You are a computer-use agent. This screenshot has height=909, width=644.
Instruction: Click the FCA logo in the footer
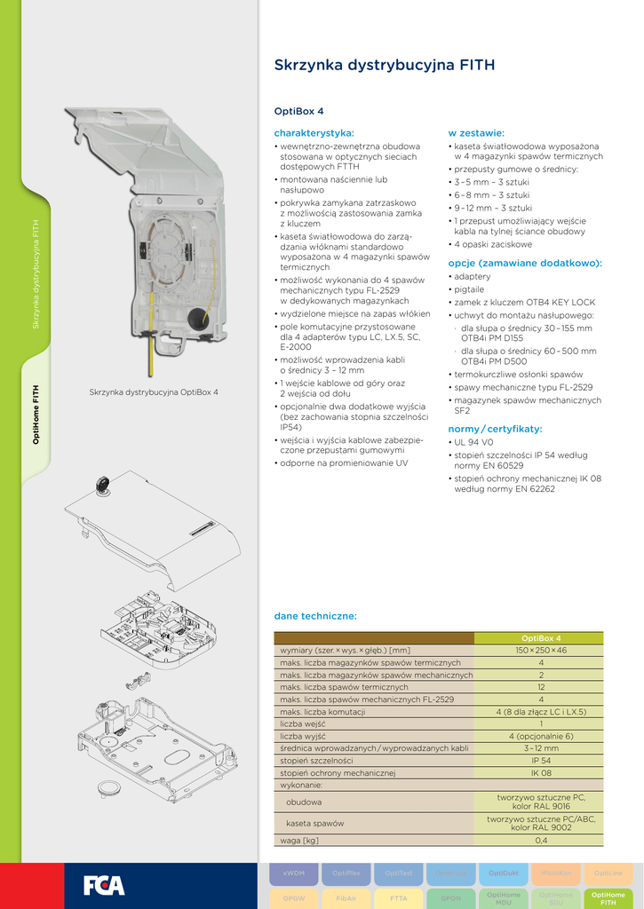[x=104, y=885]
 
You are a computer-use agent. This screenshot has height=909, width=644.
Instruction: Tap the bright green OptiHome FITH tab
[x=608, y=898]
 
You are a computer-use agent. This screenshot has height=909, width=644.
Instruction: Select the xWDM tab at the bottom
[x=294, y=873]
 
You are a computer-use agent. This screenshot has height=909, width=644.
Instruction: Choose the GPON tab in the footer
[x=451, y=898]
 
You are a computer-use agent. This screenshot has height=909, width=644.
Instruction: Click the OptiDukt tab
[x=504, y=873]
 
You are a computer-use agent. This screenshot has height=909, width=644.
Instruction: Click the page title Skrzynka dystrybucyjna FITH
[x=385, y=66]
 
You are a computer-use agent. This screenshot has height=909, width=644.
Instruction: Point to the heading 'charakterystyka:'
[x=314, y=132]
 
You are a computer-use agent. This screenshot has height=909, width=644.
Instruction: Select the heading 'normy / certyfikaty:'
[x=495, y=429]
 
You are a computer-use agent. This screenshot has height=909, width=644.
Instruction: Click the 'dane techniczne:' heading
[x=315, y=615]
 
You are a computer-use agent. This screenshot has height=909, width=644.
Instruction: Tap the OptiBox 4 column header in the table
[x=540, y=638]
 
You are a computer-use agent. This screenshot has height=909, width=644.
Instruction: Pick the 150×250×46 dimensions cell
[x=540, y=651]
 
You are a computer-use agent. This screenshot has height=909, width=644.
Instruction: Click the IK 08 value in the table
[x=540, y=773]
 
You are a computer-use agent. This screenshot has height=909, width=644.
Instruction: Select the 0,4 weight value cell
[x=540, y=840]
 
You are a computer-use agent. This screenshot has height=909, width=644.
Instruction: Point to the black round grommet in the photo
[x=197, y=317]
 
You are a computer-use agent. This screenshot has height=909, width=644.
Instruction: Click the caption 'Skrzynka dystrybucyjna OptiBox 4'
[x=154, y=391]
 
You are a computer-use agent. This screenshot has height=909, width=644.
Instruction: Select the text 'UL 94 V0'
[x=477, y=442]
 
